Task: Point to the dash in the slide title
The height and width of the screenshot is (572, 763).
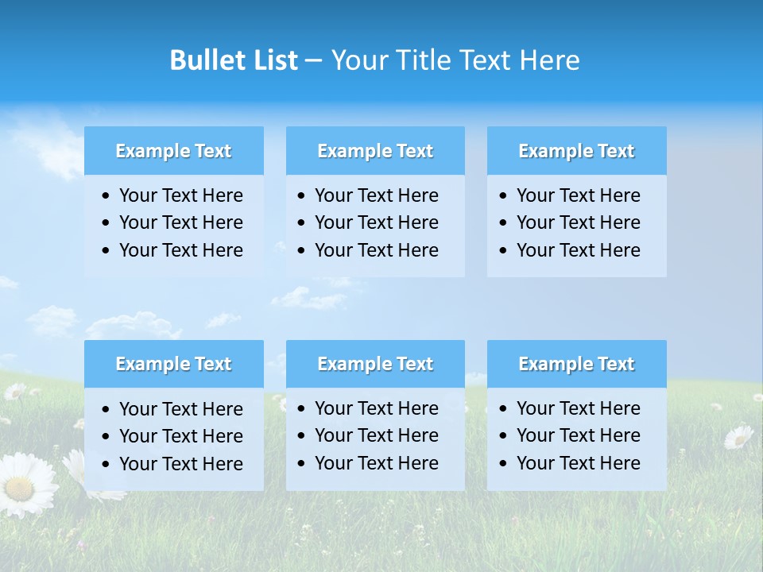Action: point(313,60)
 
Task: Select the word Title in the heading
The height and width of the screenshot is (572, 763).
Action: point(420,60)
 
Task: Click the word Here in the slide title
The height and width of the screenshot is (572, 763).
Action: point(549,60)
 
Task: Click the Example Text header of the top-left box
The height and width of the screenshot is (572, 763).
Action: point(173,151)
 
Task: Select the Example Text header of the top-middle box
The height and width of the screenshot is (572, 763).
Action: point(375,151)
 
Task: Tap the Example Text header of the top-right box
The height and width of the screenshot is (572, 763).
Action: point(576,151)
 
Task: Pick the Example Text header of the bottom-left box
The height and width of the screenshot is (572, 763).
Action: point(173,364)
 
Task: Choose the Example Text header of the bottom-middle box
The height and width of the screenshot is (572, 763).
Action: point(375,364)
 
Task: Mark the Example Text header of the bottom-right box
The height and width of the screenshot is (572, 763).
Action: point(576,364)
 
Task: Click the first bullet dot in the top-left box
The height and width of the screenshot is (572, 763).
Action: point(107,196)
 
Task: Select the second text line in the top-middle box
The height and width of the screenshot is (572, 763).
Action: point(376,222)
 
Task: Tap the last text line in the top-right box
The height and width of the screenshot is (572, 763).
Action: point(578,249)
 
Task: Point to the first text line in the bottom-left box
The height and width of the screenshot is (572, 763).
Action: point(180,409)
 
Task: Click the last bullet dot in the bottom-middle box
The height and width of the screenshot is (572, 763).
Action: point(302,463)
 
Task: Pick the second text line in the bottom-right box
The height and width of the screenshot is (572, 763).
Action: point(578,435)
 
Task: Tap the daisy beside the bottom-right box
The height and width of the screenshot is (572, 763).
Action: point(738,436)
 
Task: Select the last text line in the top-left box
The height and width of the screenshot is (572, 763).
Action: point(180,249)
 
